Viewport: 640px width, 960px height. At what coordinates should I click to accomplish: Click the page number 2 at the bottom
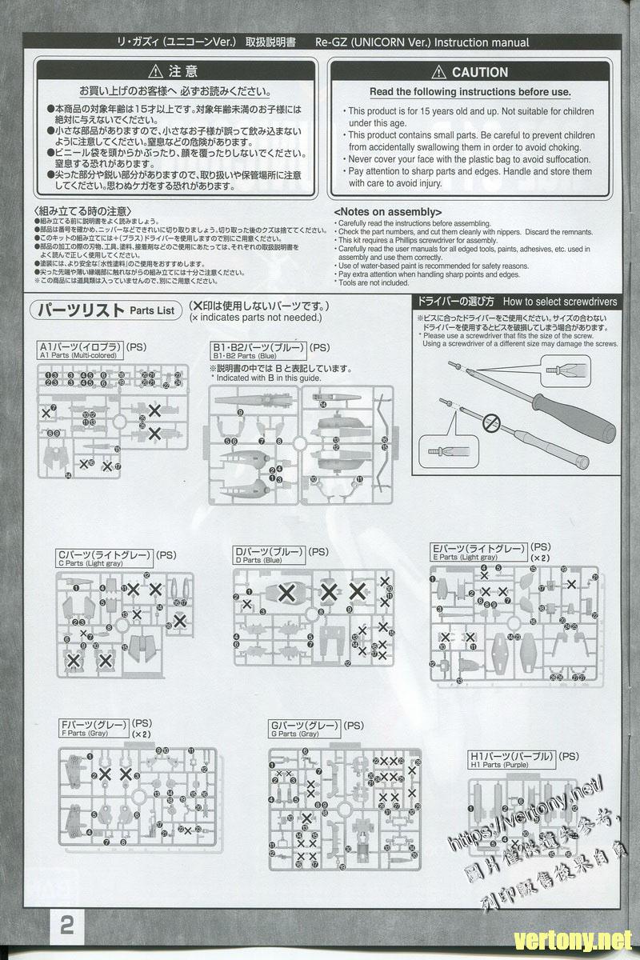click(66, 926)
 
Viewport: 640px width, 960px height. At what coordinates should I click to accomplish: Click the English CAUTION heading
click(479, 72)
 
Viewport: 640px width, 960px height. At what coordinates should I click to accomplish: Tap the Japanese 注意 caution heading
click(183, 71)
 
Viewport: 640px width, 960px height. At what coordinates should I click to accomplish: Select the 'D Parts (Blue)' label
click(258, 561)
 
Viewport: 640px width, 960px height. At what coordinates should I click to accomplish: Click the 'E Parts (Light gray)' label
click(464, 557)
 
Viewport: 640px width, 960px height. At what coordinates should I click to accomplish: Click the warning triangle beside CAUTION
click(438, 72)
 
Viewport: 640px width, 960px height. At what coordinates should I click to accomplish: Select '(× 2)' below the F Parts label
click(141, 733)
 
